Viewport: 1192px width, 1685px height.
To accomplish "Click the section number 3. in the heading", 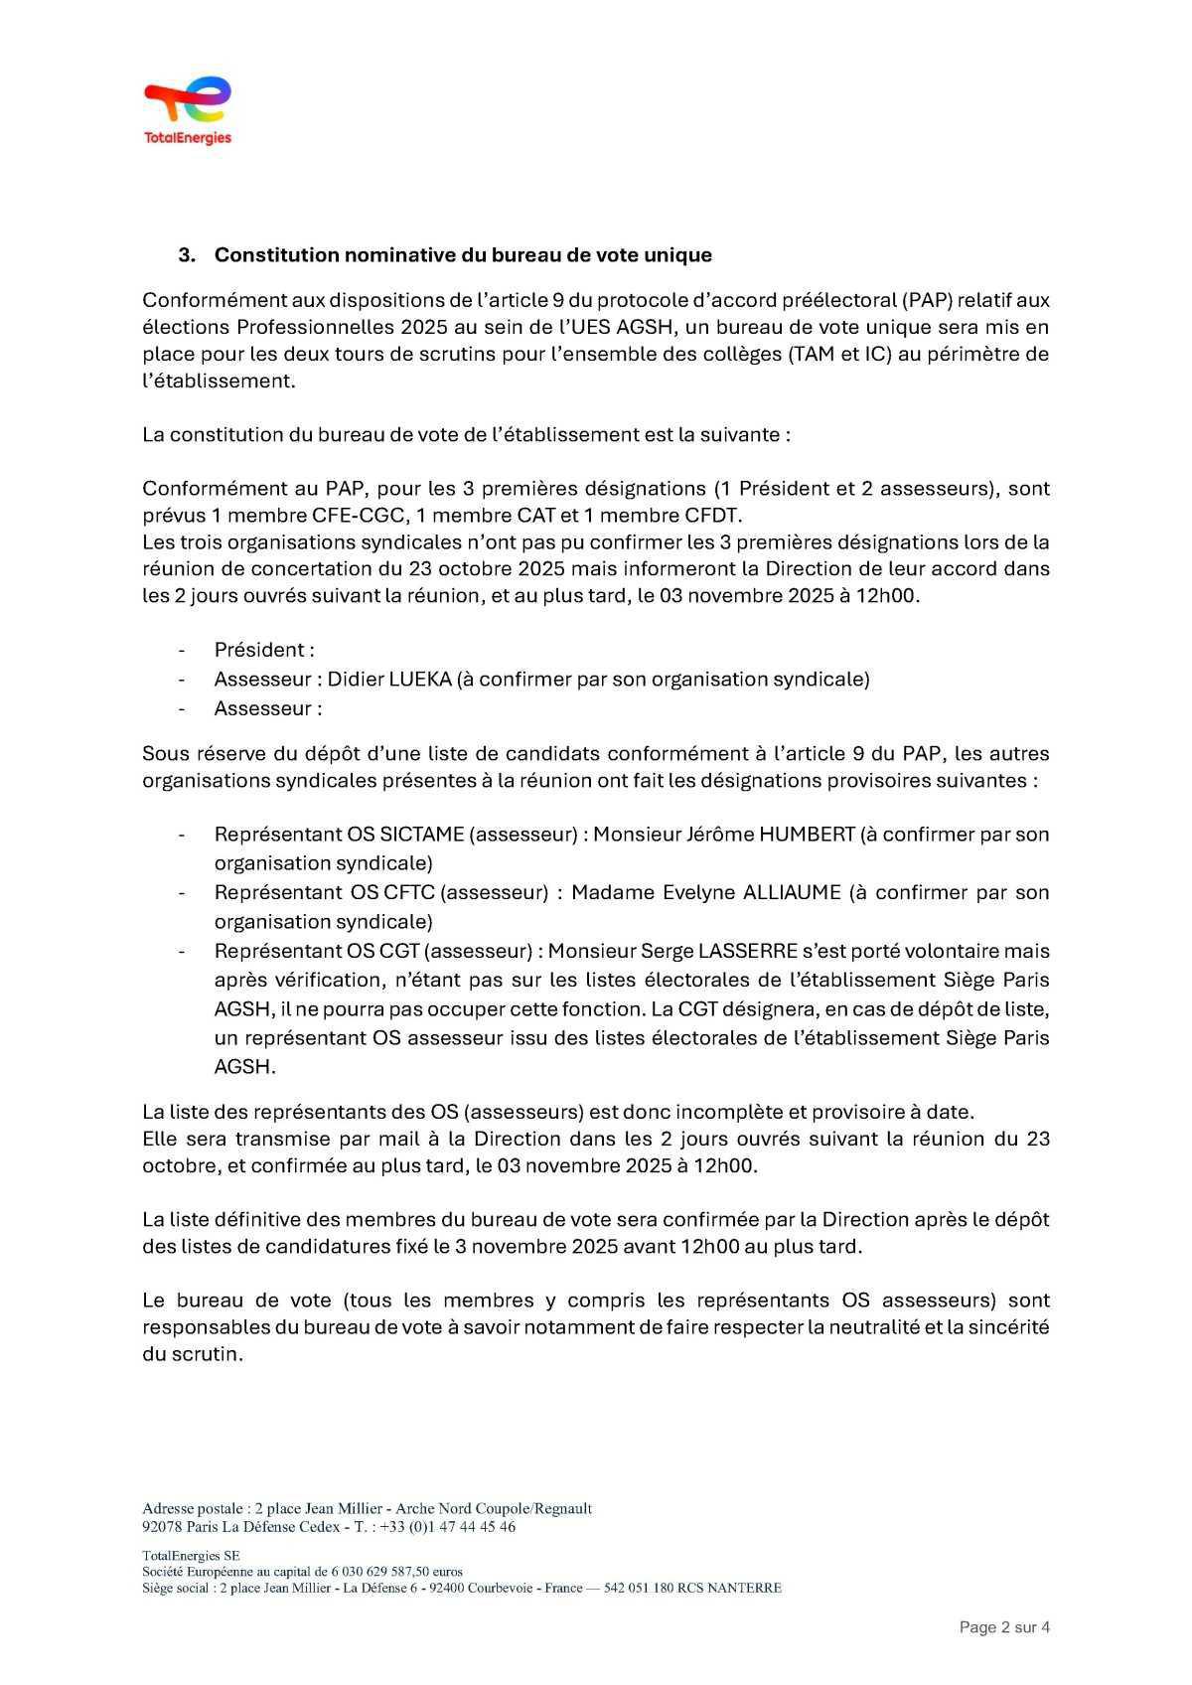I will coord(186,255).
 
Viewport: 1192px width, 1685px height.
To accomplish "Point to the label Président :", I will coord(264,650).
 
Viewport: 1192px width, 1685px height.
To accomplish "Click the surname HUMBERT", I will coord(807,835).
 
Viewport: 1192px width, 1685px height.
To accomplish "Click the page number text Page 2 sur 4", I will coord(1004,1627).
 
